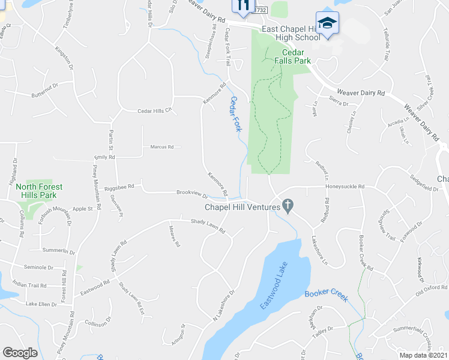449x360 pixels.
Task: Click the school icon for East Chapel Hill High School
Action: point(327,23)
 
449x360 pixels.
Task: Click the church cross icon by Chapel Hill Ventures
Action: point(288,206)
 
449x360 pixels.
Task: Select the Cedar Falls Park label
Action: point(292,56)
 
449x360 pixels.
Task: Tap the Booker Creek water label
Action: point(326,295)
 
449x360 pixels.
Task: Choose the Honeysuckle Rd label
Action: point(345,187)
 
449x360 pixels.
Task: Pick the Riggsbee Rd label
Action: point(118,187)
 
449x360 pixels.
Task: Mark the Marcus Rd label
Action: point(161,146)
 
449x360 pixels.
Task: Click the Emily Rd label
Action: point(103,156)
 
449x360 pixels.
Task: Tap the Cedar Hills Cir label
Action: point(155,110)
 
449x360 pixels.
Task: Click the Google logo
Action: point(20,353)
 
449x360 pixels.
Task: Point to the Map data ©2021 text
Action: point(423,355)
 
